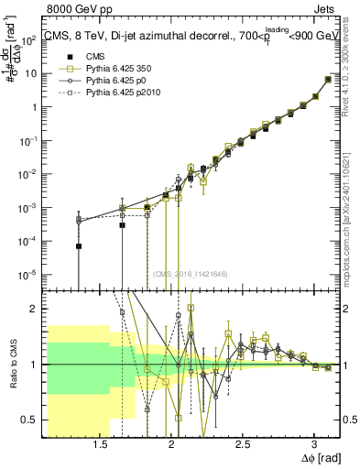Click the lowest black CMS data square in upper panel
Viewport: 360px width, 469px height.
[x=79, y=246]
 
